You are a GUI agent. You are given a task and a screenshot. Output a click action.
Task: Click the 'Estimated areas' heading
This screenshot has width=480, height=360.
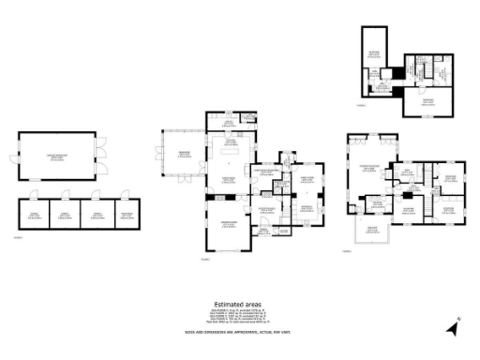click(x=238, y=304)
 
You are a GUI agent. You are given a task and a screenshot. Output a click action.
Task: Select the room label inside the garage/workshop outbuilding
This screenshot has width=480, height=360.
click(x=56, y=158)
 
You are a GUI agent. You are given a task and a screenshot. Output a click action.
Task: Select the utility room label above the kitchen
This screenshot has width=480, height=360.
click(x=229, y=120)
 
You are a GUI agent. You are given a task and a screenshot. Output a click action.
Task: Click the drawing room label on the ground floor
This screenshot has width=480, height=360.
click(x=228, y=226)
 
